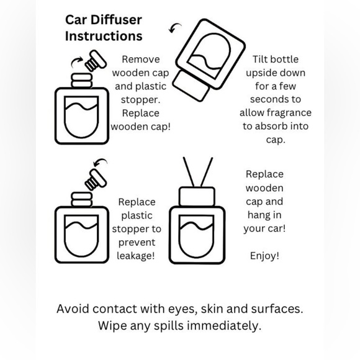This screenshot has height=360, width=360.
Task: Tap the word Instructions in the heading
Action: [x=104, y=36]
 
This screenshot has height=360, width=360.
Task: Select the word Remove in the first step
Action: [x=140, y=60]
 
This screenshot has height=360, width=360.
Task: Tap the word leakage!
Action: [x=136, y=256]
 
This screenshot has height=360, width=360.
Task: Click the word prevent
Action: [x=137, y=242]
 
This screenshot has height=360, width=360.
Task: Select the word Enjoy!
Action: [x=264, y=256]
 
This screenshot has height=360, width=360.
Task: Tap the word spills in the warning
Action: [x=163, y=325]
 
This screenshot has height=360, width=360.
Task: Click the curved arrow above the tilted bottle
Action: [x=176, y=29]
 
